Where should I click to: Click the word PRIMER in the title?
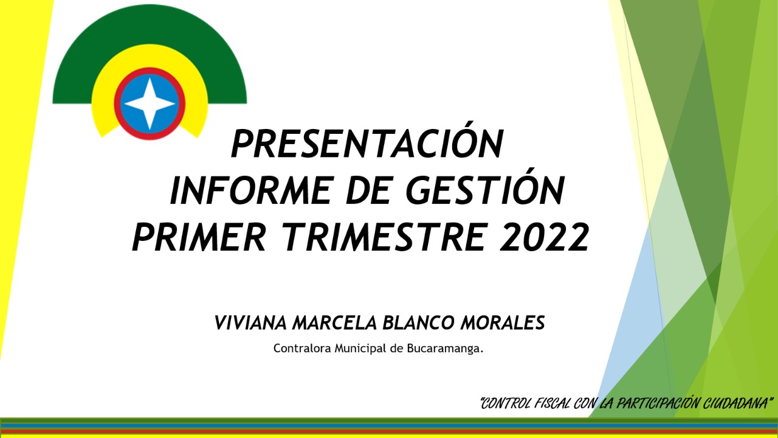point(199,237)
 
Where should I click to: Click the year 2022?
point(544,237)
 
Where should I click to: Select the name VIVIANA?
point(250,322)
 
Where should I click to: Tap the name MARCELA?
point(334,322)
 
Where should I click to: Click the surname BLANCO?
point(418,322)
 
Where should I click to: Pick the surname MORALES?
point(503,322)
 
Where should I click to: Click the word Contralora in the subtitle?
point(302,348)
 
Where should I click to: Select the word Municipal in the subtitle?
point(360,349)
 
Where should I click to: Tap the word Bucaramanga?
point(445,349)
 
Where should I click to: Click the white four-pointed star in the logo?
point(150,103)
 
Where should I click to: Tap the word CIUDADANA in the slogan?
point(735,403)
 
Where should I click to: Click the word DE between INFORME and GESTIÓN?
point(368,190)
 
